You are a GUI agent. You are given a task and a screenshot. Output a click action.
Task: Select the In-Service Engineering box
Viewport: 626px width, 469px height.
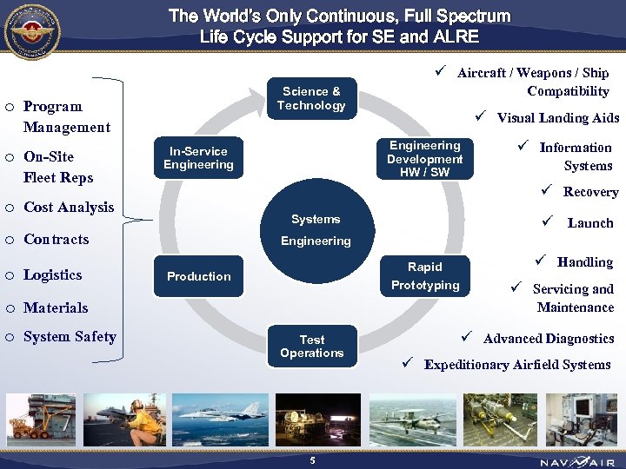pyautogui.click(x=198, y=158)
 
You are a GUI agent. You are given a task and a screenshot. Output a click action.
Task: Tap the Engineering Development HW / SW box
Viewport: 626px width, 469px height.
pyautogui.click(x=424, y=159)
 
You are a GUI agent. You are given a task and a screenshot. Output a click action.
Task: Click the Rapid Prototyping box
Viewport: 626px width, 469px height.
pyautogui.click(x=424, y=276)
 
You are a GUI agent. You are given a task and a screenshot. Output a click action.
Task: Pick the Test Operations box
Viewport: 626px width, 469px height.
pyautogui.click(x=311, y=347)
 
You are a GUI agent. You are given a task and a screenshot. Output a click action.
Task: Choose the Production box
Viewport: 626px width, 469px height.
pyautogui.click(x=198, y=276)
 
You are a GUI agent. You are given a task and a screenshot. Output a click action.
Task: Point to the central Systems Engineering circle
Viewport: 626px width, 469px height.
pyautogui.click(x=315, y=229)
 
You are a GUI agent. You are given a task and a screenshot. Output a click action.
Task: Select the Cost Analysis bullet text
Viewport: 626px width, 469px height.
pyautogui.click(x=69, y=207)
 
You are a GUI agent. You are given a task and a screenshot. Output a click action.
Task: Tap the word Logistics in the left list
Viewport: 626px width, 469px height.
pyautogui.click(x=52, y=274)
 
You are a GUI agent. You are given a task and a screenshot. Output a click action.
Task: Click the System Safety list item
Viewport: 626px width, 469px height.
pyautogui.click(x=70, y=336)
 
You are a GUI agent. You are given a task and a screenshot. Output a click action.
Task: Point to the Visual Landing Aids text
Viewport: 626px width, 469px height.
pyautogui.click(x=557, y=118)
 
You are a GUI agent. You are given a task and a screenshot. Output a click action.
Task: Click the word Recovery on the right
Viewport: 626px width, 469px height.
pyautogui.click(x=590, y=192)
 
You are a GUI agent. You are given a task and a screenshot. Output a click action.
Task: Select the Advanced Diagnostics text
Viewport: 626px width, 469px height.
pyautogui.click(x=548, y=339)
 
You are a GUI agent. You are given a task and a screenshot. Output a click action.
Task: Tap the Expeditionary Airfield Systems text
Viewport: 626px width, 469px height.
pyautogui.click(x=516, y=365)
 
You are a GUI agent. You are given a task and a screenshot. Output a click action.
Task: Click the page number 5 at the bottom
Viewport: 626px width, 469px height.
pyautogui.click(x=312, y=459)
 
